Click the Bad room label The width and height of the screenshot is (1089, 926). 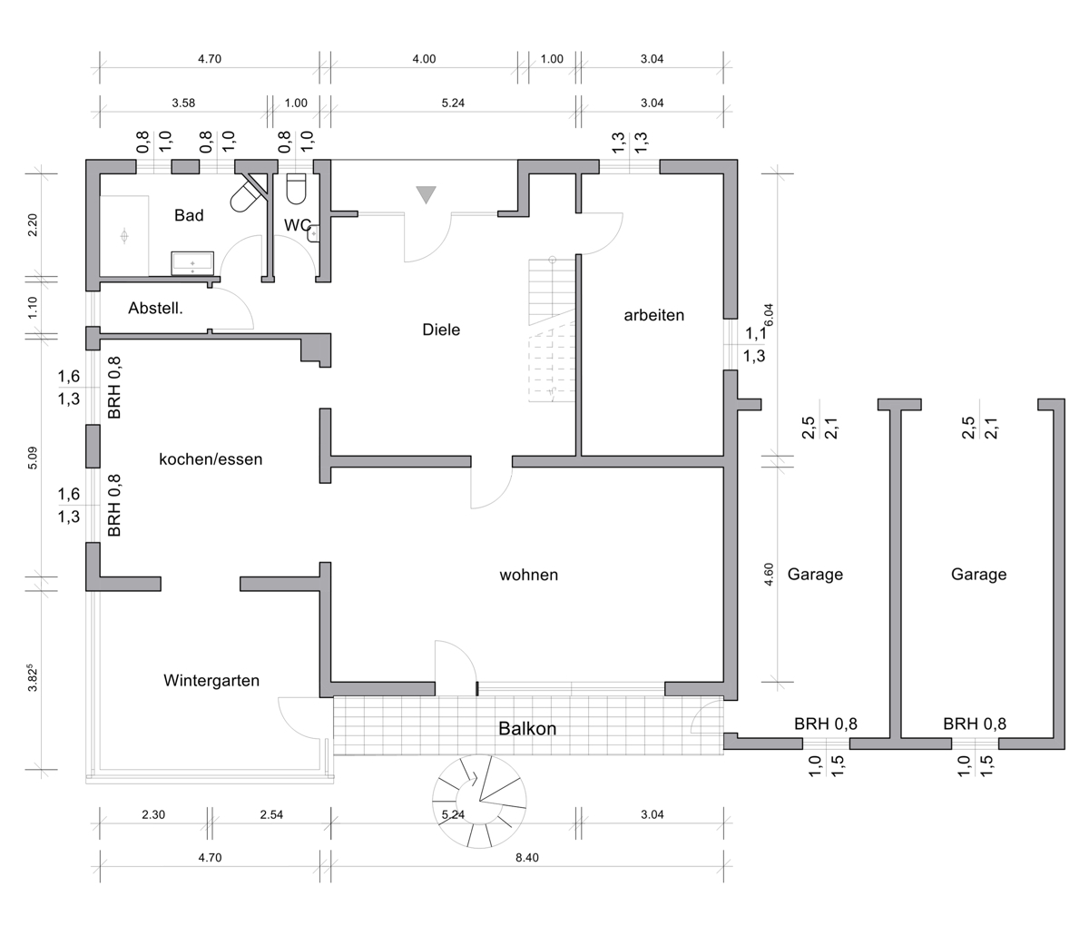pyautogui.click(x=189, y=215)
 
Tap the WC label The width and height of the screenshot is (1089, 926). pyautogui.click(x=298, y=225)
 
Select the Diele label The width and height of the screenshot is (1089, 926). pyautogui.click(x=441, y=330)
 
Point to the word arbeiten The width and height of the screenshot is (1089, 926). pyautogui.click(x=653, y=315)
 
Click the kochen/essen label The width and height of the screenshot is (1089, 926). pyautogui.click(x=211, y=459)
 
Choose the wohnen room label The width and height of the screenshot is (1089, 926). pyautogui.click(x=528, y=575)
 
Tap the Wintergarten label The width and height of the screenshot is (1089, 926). pyautogui.click(x=211, y=680)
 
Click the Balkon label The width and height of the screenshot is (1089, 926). pyautogui.click(x=527, y=729)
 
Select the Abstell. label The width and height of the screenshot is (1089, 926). pyautogui.click(x=155, y=309)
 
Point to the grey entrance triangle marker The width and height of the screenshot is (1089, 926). pyautogui.click(x=427, y=194)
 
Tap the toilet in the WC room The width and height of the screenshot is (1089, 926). pyautogui.click(x=296, y=189)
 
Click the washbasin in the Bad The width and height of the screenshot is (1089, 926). pyautogui.click(x=192, y=262)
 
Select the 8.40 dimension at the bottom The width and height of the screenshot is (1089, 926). pyautogui.click(x=527, y=858)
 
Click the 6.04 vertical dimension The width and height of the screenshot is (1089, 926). pyautogui.click(x=769, y=315)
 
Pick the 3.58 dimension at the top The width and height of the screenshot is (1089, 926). pyautogui.click(x=183, y=103)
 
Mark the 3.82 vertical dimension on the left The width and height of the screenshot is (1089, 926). pyautogui.click(x=33, y=678)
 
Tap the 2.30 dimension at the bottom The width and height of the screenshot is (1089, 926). pyautogui.click(x=153, y=814)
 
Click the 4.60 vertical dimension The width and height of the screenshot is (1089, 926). pyautogui.click(x=769, y=574)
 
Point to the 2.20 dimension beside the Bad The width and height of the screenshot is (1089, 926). pyautogui.click(x=33, y=225)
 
